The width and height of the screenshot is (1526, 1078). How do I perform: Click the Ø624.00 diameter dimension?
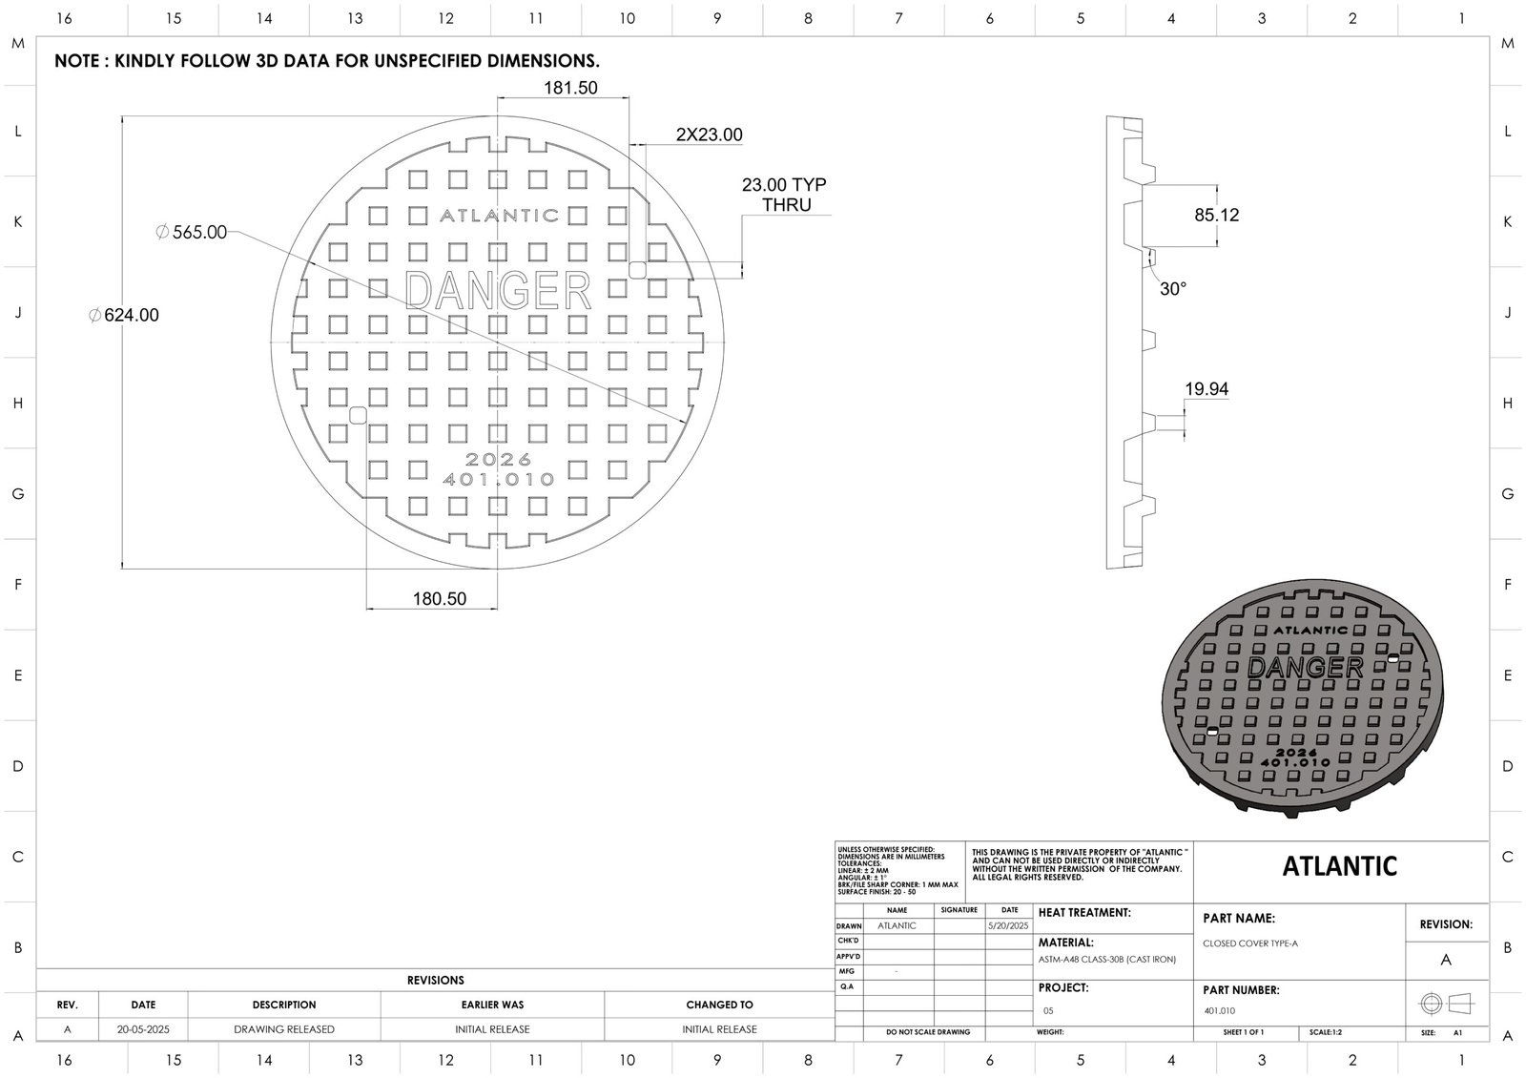(x=124, y=316)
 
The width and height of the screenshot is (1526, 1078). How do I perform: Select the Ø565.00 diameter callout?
(x=192, y=232)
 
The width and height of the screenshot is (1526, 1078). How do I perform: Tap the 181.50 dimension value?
(x=570, y=88)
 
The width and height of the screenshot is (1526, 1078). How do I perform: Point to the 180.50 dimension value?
(x=440, y=599)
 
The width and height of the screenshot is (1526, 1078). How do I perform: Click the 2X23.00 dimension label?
(x=709, y=135)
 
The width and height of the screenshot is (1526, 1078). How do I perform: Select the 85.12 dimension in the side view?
(x=1217, y=216)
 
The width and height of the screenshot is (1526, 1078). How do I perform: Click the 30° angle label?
(x=1173, y=289)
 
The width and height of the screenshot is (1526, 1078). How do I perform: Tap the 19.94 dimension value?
(x=1206, y=389)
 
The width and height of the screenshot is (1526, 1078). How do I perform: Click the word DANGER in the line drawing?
(x=499, y=290)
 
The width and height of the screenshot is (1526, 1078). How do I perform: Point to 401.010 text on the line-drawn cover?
(x=499, y=480)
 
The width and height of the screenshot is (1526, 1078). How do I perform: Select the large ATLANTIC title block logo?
(x=1339, y=866)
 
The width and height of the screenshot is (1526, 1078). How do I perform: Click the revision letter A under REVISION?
(x=1446, y=960)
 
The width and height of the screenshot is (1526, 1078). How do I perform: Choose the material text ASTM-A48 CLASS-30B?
(x=1107, y=960)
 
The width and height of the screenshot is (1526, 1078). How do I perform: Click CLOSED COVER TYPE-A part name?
(x=1250, y=943)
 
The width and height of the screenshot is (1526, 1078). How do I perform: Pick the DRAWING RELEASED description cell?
(x=284, y=1029)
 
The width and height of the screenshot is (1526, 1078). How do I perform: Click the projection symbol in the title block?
(x=1446, y=1004)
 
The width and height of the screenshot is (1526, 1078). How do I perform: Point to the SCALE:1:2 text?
(x=1326, y=1032)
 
